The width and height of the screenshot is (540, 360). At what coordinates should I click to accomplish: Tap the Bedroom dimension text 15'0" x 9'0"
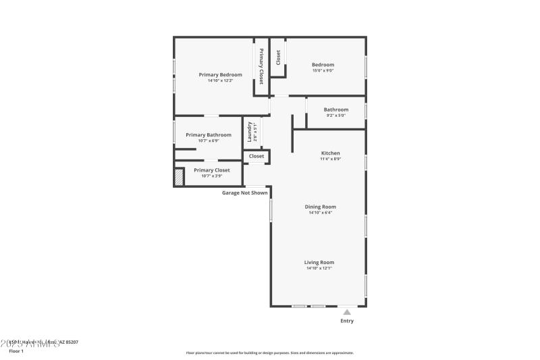click(323, 71)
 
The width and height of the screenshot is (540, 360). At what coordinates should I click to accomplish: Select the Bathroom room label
click(335, 109)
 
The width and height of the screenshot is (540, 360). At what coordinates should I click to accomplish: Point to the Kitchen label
click(330, 153)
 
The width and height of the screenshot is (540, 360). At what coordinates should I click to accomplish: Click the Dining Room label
click(321, 207)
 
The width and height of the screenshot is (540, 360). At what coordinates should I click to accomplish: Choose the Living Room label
click(320, 262)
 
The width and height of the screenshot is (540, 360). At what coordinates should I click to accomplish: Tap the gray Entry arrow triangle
click(347, 312)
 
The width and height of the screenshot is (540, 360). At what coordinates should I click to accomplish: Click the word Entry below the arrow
click(347, 321)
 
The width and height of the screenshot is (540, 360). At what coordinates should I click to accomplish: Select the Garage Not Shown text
click(245, 192)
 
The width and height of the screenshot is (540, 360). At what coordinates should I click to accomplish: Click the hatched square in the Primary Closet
click(179, 178)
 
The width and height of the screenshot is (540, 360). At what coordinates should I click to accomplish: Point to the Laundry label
click(250, 132)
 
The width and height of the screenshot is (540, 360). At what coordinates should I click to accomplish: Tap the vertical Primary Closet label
click(261, 66)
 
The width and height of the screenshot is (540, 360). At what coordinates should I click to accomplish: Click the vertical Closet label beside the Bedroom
click(278, 57)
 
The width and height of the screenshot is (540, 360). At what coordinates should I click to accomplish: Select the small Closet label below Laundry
click(256, 156)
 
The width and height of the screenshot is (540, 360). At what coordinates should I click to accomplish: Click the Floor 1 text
click(16, 351)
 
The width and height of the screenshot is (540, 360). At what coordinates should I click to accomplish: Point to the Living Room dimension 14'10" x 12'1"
click(320, 268)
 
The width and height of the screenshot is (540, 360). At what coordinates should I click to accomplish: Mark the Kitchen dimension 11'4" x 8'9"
click(330, 159)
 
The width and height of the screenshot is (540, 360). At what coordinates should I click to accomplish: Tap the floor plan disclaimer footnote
click(270, 353)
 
